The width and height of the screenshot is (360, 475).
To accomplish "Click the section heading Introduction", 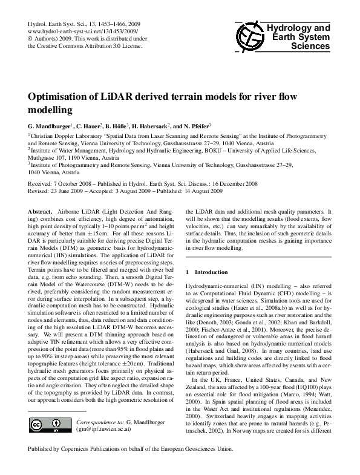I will coord(214,272).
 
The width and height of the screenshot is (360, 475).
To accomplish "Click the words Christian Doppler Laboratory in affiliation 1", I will coord(71,137).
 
